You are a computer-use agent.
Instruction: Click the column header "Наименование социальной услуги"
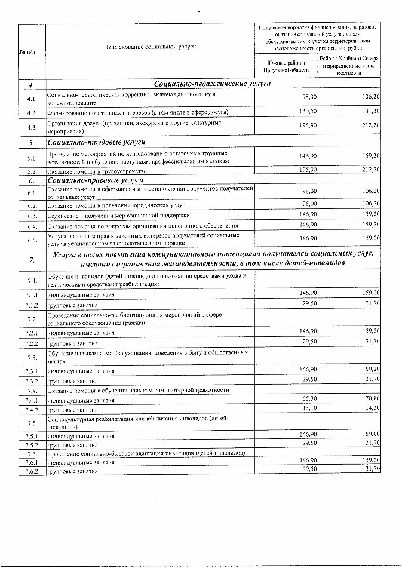(150, 47)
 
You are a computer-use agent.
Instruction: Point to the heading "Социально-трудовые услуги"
(97, 142)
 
